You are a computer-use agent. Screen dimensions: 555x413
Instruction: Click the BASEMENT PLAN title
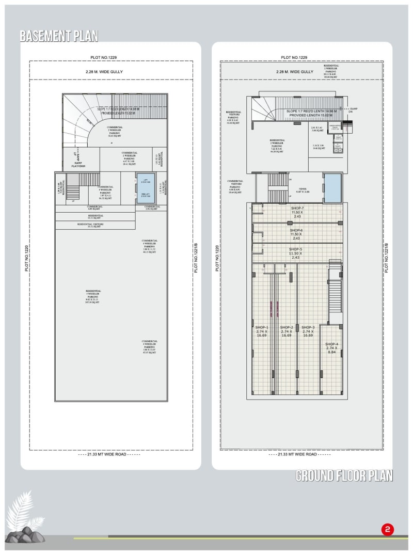pos(59,36)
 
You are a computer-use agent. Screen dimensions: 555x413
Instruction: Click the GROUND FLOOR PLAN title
pos(344,475)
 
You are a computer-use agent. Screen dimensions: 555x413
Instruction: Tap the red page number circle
pos(387,530)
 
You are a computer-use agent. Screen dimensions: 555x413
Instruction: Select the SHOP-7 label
pos(296,212)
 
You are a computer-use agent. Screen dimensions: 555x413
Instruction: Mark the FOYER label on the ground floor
pos(298,189)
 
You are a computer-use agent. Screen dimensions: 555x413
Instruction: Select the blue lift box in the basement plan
pos(145,188)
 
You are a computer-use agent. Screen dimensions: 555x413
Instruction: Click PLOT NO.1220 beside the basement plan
pos(26,258)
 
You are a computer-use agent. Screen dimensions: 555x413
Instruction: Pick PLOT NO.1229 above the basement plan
pos(109,57)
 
